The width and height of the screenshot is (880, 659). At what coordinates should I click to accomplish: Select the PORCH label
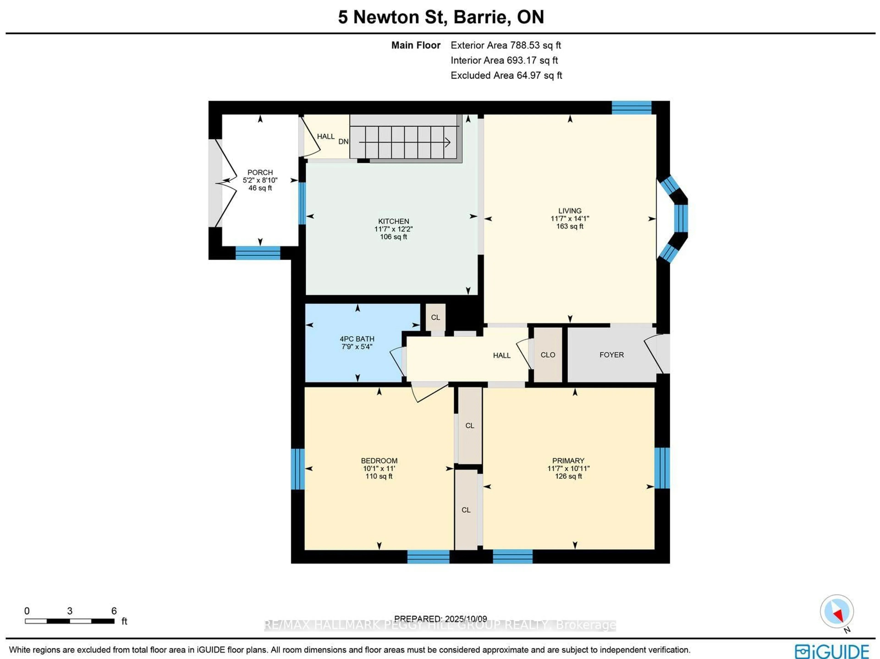pos(260,172)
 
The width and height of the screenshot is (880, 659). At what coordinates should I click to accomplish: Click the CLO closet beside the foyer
pos(547,355)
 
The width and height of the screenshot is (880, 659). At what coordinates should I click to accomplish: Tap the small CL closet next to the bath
pos(435,317)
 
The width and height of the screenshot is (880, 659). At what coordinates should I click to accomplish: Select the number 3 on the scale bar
pos(70,611)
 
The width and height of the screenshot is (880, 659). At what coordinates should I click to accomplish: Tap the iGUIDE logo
pos(831,651)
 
